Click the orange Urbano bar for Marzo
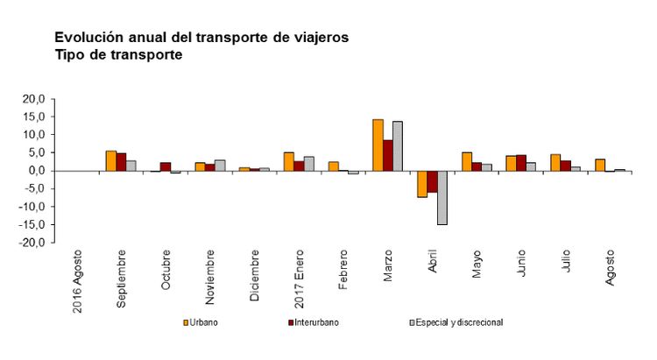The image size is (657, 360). (378, 145)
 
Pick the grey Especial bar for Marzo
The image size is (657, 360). (398, 145)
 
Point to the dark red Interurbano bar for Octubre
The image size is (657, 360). (165, 166)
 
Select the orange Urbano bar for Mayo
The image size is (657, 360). (467, 161)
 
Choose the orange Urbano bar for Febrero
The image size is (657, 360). (333, 166)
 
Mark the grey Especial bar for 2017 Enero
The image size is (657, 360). (308, 164)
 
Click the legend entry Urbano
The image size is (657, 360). (201, 322)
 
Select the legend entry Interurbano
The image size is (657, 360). (312, 322)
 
